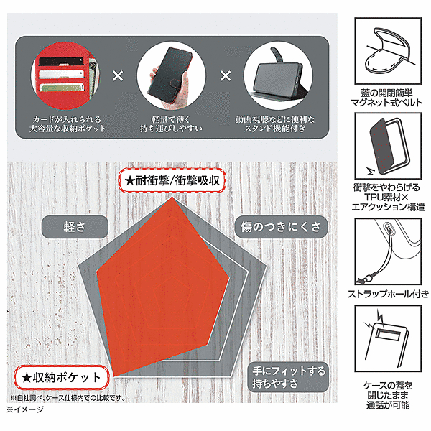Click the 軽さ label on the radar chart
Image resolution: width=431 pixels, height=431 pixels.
[x=75, y=227]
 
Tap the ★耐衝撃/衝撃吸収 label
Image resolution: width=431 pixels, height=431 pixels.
[x=172, y=180]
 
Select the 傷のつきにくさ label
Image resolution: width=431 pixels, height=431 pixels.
[x=281, y=227]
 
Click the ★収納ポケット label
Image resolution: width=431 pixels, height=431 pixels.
[x=61, y=377]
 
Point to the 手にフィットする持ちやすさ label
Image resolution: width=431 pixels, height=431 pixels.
[x=288, y=377]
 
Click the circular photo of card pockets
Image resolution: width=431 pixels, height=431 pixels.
[x=65, y=76]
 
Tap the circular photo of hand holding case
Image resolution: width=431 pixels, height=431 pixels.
[x=171, y=76]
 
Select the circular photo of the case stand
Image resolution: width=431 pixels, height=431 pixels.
[x=278, y=76]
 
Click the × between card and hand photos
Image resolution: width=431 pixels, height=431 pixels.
[x=118, y=76]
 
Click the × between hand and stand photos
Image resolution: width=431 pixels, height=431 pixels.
[x=226, y=76]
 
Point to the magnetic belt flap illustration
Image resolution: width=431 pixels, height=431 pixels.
[x=388, y=51]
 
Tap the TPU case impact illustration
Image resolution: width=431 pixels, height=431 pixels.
[x=388, y=146]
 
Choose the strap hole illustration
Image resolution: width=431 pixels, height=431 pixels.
[x=388, y=251]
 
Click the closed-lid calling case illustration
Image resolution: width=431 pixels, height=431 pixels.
[x=388, y=338]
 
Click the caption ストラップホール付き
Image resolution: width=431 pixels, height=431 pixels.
[x=388, y=294]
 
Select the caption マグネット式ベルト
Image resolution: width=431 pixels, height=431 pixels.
[x=387, y=103]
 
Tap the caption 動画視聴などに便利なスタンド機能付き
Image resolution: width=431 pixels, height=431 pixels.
[x=275, y=124]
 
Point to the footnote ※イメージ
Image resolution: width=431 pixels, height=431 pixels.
[x=25, y=409]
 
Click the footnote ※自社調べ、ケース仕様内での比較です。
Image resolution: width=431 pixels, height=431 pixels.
[x=68, y=398]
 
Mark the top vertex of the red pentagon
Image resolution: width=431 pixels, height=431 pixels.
[x=172, y=197]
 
